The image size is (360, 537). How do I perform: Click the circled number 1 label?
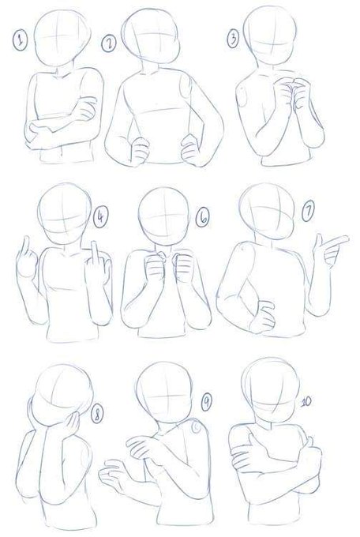[x=21, y=41]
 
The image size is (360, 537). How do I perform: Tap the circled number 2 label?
[x=109, y=44]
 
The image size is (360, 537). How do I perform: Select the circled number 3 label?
[x=233, y=39]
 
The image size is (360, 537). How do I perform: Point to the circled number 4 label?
[x=100, y=217]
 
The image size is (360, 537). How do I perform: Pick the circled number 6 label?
[x=203, y=218]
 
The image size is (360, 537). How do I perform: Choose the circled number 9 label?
[x=206, y=402]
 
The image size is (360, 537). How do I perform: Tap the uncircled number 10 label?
[x=306, y=401]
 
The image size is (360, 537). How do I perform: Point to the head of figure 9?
[x=164, y=392]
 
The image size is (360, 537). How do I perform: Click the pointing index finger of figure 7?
[x=336, y=240]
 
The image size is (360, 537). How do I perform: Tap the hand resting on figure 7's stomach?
[x=263, y=317]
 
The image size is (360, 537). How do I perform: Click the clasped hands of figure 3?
[x=291, y=93]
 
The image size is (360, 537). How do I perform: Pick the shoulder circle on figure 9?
[x=197, y=428]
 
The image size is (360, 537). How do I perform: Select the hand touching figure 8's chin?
[x=72, y=424]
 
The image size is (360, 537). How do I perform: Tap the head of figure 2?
[x=151, y=36]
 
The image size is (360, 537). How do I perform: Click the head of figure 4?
[x=65, y=214]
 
